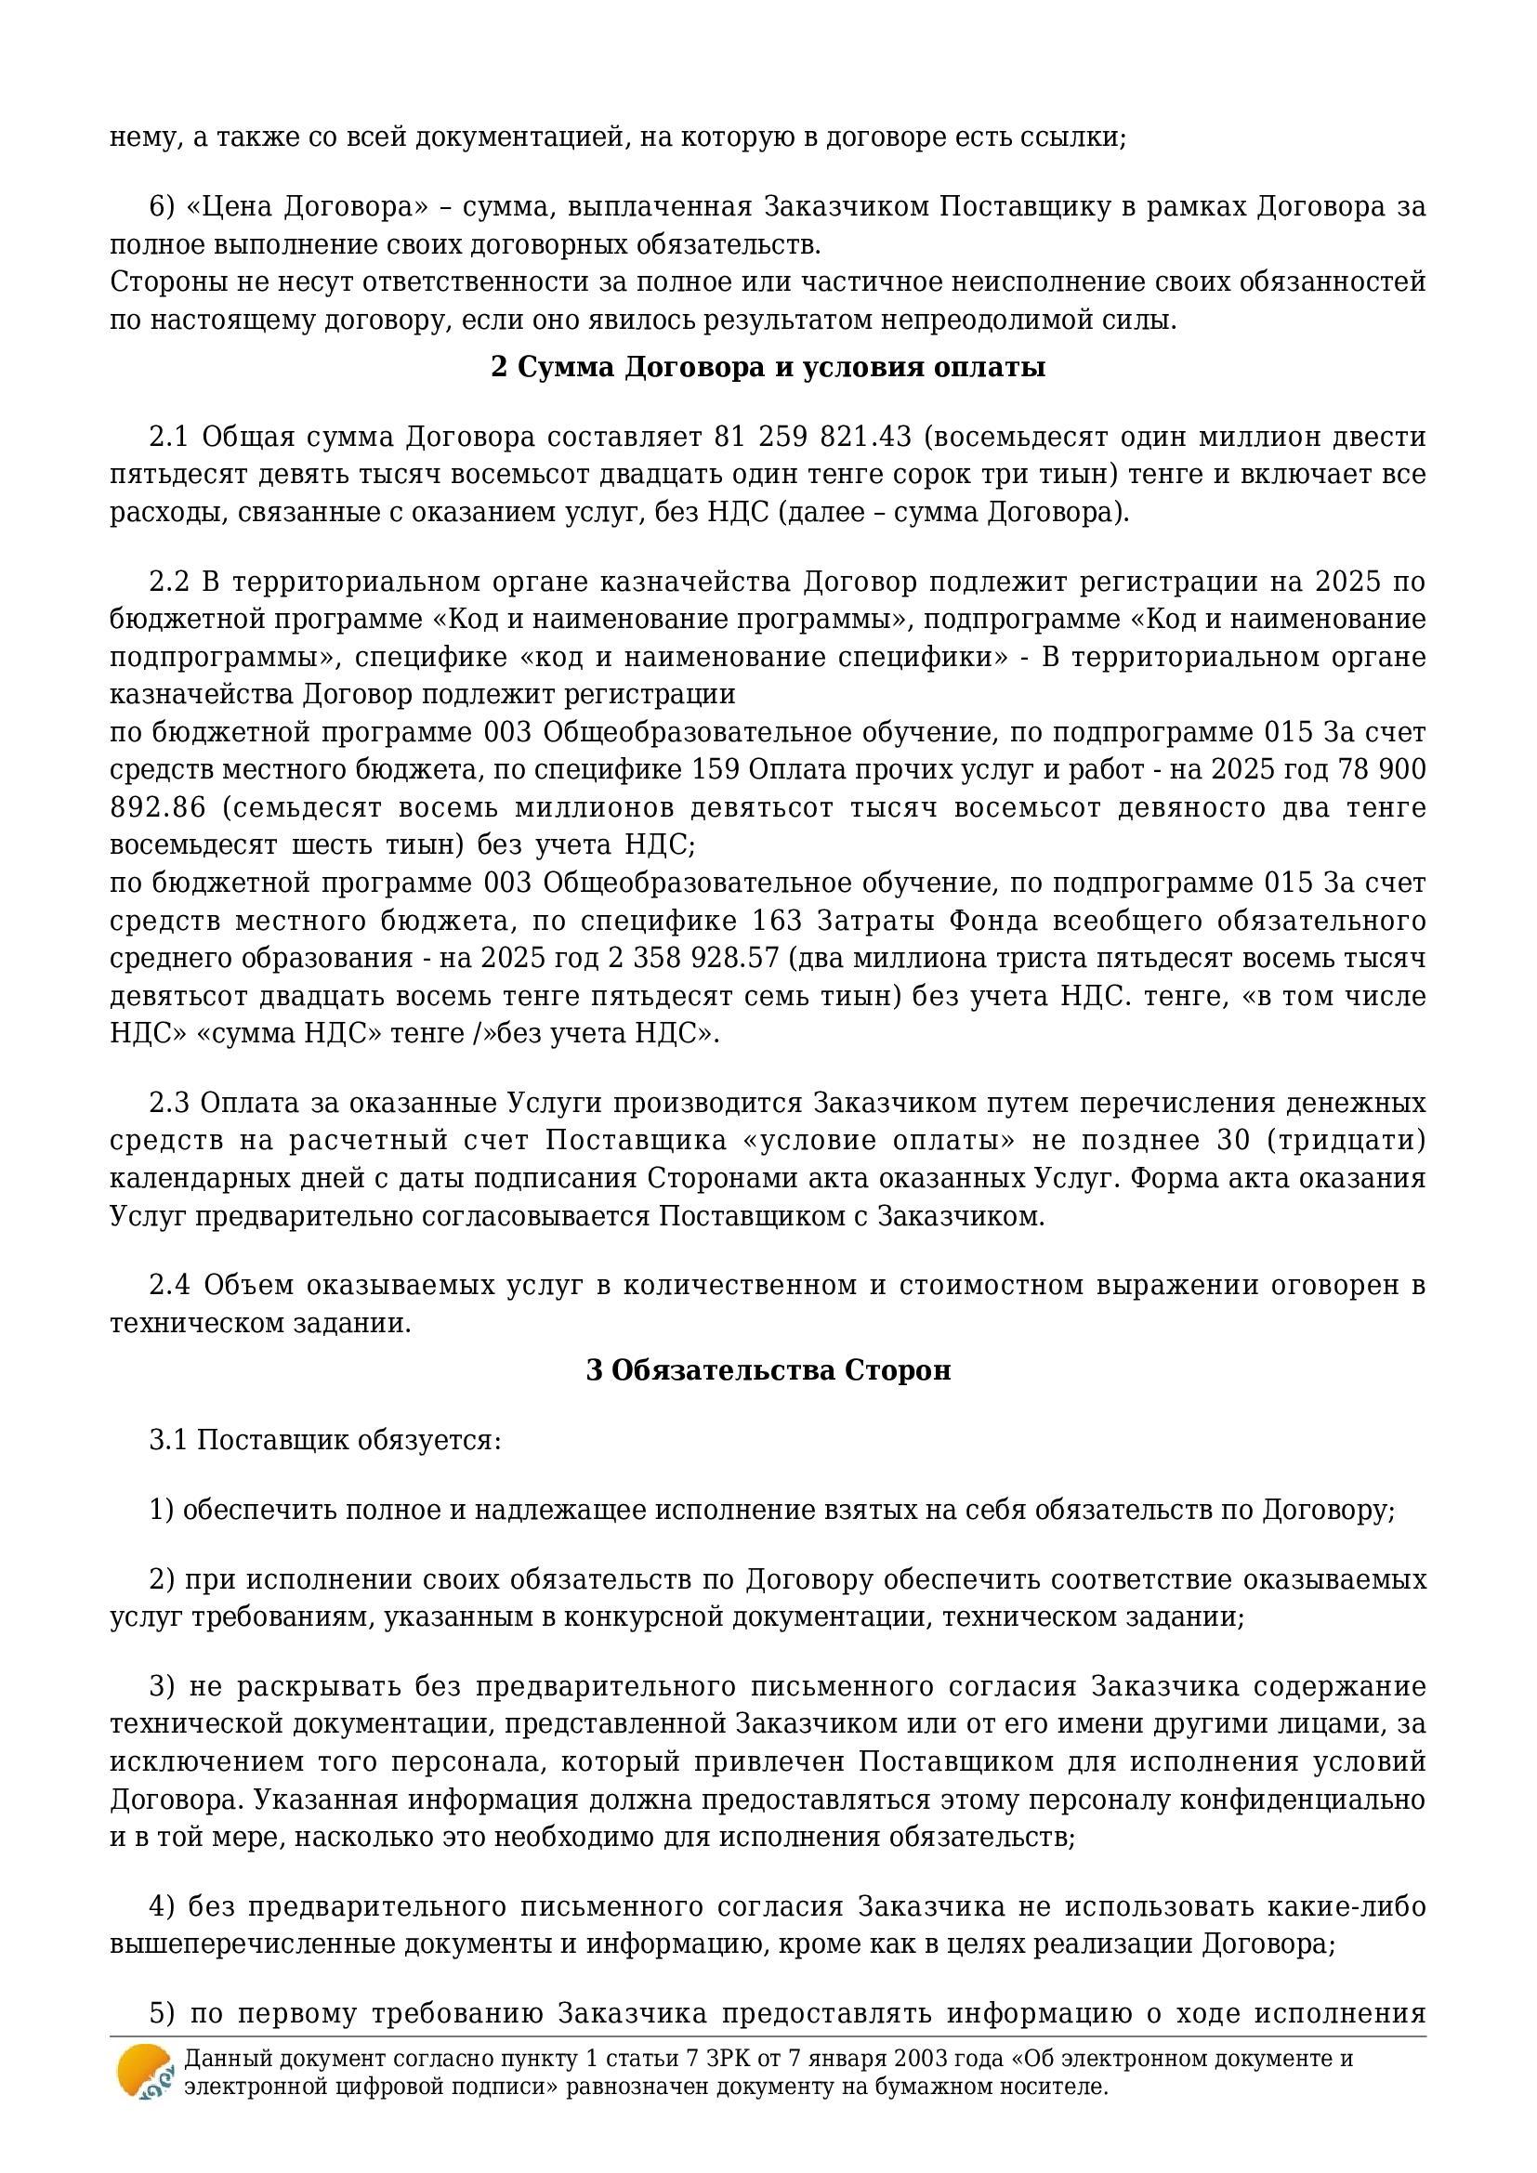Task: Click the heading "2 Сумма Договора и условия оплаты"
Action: tap(768, 367)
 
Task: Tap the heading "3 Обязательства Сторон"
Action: tap(768, 1370)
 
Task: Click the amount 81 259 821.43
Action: tap(813, 438)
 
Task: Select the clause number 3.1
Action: tap(169, 1441)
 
